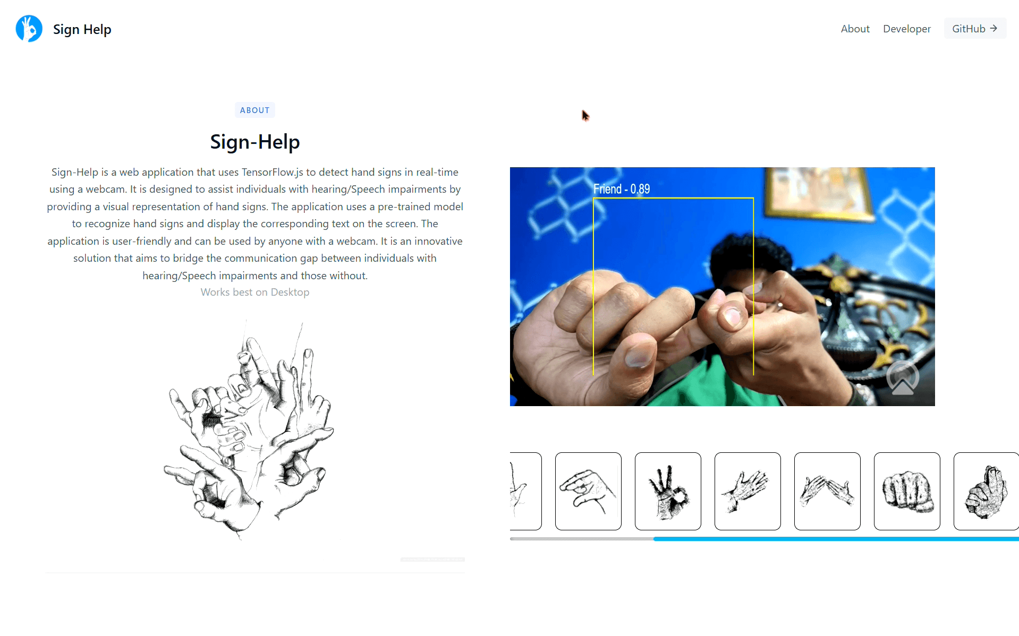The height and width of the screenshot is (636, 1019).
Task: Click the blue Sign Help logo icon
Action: (29, 29)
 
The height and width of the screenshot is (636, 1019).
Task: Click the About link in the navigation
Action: (855, 29)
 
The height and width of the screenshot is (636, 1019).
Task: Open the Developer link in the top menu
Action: (906, 29)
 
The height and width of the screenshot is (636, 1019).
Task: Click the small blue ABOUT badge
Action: (254, 110)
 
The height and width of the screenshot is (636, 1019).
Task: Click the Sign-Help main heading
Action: (255, 142)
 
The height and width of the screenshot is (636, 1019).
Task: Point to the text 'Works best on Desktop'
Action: (255, 292)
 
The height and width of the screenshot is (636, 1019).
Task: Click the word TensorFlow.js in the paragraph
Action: (273, 172)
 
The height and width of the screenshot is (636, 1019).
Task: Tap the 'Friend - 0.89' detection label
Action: (622, 189)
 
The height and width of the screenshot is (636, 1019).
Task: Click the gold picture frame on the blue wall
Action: (819, 194)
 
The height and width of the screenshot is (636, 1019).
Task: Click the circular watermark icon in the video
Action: (902, 378)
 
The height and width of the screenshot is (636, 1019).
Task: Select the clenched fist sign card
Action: (907, 491)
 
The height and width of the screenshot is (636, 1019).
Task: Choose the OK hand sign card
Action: (668, 491)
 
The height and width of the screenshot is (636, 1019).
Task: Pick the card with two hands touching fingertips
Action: (827, 491)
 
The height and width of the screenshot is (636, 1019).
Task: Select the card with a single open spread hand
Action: (748, 491)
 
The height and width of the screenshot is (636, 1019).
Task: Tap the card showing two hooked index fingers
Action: (588, 491)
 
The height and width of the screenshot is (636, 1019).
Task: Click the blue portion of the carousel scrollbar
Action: (836, 539)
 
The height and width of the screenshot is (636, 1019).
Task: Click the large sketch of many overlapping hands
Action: (249, 430)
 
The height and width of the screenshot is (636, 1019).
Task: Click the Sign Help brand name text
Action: (82, 29)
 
